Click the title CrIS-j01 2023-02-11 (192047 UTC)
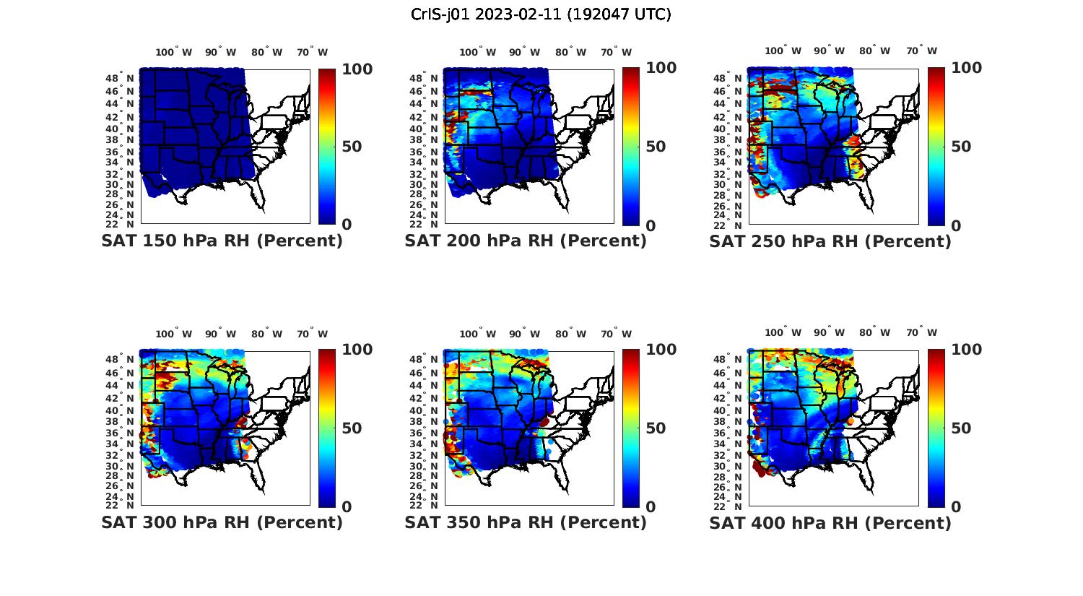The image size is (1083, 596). coord(541,14)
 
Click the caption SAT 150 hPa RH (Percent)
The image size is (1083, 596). coord(222,241)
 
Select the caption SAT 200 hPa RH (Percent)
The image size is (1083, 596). coord(526,241)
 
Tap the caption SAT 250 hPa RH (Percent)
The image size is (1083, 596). coord(830,241)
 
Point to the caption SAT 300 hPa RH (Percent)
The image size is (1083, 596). coord(222,522)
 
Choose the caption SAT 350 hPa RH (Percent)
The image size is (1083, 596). coord(526,522)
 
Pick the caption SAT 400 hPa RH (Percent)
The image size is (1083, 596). coord(830,522)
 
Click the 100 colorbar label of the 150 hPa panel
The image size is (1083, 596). coord(357,69)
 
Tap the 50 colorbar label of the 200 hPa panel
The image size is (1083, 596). coord(656,147)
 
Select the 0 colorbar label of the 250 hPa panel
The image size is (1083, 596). coord(956,225)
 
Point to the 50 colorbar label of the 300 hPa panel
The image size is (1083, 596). coord(352,428)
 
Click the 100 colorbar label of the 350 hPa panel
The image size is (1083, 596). coord(661,350)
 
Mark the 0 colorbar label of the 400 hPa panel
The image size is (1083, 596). coord(956,506)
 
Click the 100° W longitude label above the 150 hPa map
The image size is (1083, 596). coord(174,52)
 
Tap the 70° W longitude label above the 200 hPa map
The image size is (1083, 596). coord(616,52)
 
